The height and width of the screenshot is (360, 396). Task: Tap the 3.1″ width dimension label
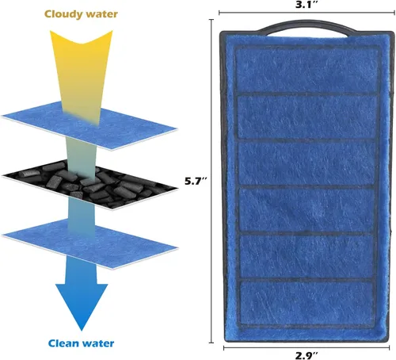(307, 5)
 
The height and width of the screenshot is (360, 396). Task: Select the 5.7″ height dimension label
(196, 181)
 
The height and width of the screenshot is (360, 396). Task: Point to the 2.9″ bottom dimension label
(307, 355)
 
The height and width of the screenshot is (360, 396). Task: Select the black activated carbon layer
(89, 184)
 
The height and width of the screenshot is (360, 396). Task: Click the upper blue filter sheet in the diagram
(89, 125)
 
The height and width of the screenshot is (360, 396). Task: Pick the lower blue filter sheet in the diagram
(89, 244)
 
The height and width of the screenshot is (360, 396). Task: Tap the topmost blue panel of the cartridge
(307, 70)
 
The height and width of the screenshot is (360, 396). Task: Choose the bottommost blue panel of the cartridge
(307, 303)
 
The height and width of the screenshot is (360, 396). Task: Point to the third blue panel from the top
(307, 163)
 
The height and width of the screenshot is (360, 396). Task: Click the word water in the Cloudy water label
(102, 14)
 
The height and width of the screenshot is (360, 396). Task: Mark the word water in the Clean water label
(98, 343)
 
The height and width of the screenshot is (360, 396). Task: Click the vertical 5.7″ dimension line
(211, 181)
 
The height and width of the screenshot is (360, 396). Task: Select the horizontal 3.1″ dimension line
(307, 13)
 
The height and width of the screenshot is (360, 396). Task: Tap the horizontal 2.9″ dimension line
(307, 348)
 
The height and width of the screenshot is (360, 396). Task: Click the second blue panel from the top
(307, 117)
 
